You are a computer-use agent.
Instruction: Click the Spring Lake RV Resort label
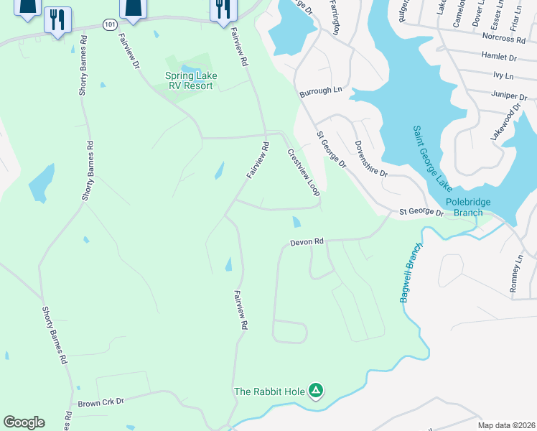[x=190, y=80]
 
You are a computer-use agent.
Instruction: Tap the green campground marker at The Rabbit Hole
[x=316, y=391]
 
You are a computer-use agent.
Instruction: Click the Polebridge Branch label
[x=468, y=208]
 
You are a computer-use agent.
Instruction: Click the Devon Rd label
[x=307, y=243]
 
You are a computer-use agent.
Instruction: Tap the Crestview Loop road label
[x=303, y=172]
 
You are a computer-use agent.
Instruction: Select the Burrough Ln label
[x=321, y=91]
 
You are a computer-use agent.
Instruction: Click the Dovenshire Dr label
[x=370, y=159]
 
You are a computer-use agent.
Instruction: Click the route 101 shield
[x=108, y=24]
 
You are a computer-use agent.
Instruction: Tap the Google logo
[x=24, y=422]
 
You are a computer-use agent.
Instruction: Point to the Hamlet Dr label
[x=500, y=57]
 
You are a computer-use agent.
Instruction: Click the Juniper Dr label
[x=509, y=94]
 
